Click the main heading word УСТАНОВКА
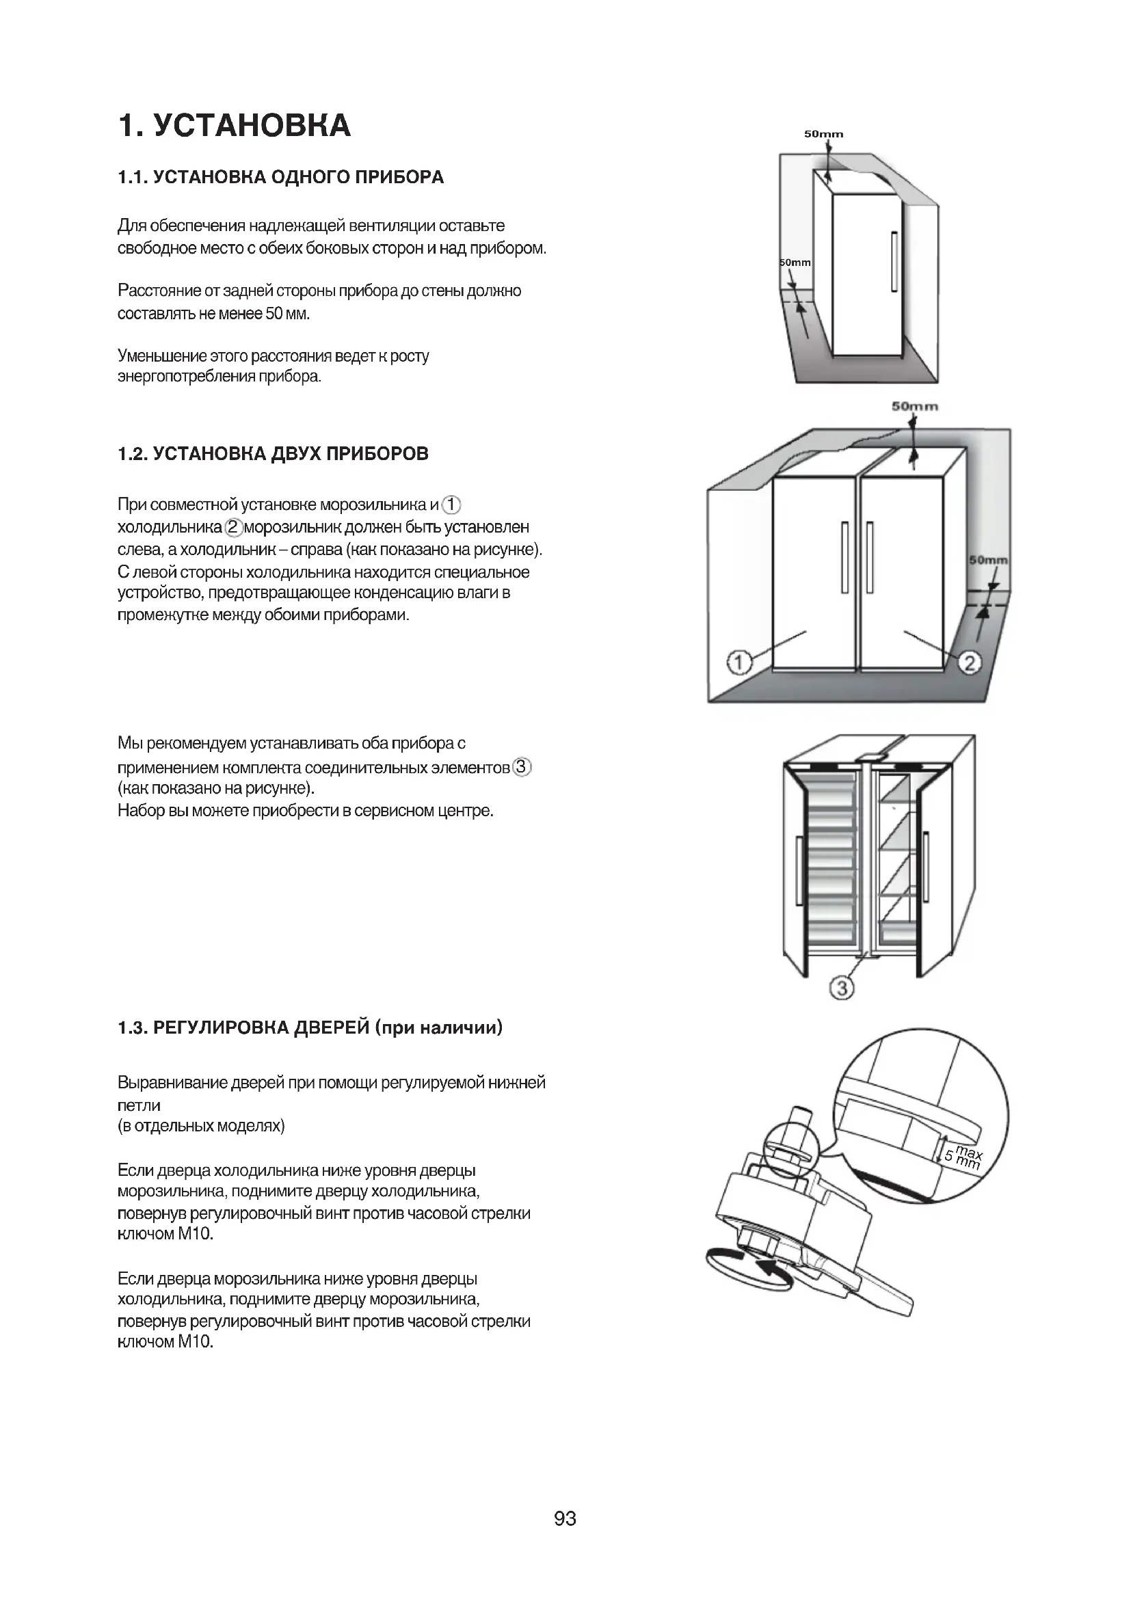(252, 125)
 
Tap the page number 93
(565, 1537)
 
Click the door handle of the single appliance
(894, 262)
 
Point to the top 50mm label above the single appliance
(823, 134)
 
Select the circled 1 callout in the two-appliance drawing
(739, 662)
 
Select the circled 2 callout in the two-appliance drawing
(970, 662)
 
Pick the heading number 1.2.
(133, 455)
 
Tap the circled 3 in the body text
(522, 768)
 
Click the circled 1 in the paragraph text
(452, 505)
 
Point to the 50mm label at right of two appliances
(988, 560)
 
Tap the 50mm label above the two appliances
(914, 406)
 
